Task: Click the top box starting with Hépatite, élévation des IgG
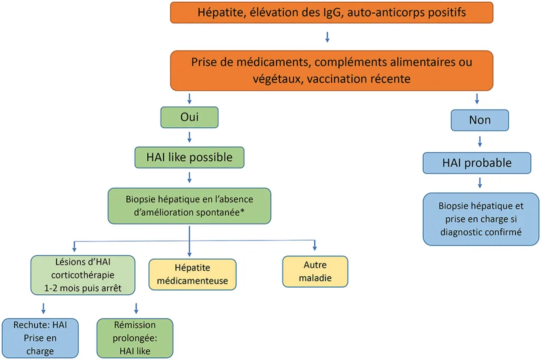point(331,12)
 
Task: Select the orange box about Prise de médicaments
point(331,70)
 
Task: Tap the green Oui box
point(189,117)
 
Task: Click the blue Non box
point(479,120)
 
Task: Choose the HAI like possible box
point(189,157)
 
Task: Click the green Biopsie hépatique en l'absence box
point(189,206)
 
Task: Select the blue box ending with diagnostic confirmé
point(481,219)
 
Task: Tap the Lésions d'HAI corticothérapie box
point(83,275)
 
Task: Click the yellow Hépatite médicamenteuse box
point(192,274)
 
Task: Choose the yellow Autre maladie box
point(315,271)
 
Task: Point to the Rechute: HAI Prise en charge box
point(41,337)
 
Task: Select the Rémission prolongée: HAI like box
point(135,338)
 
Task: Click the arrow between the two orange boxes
point(328,36)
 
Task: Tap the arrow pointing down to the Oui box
point(189,98)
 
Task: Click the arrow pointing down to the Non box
point(478,98)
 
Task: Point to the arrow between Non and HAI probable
point(480,141)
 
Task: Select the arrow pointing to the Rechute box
point(43,308)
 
